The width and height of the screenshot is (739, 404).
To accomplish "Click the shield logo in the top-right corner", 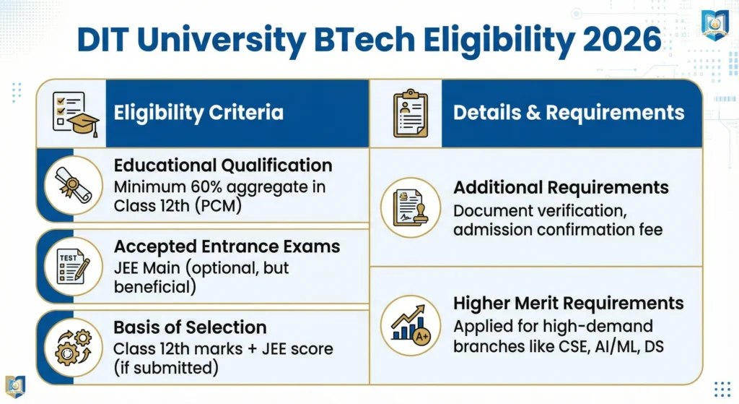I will (715, 25).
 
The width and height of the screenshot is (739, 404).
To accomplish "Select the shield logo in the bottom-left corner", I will (15, 386).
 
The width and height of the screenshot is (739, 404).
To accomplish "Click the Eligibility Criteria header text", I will (198, 113).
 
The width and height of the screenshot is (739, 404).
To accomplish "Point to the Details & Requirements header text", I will (569, 113).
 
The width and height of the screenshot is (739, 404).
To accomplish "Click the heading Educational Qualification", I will (223, 166).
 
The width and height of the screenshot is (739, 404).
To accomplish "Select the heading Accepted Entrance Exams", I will (227, 246).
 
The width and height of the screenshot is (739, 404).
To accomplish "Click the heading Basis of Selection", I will (191, 327).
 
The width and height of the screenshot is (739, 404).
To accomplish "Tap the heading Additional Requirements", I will (561, 187).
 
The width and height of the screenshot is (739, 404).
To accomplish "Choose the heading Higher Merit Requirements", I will (569, 302).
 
